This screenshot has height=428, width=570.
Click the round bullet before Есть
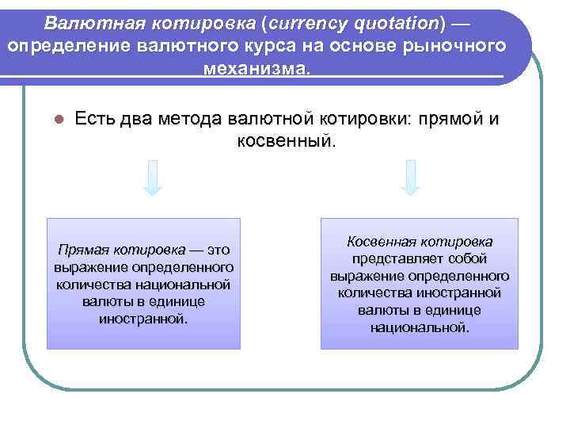coord(58,120)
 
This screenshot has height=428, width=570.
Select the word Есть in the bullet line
coord(95,120)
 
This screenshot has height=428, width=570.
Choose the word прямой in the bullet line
coord(448,120)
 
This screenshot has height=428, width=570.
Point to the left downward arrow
coord(153,178)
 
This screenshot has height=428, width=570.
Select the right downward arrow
coord(410,178)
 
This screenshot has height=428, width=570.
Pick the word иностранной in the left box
coord(143,319)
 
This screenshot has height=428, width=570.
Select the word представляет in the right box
coord(397,258)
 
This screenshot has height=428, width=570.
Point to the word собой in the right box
coord(467,258)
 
